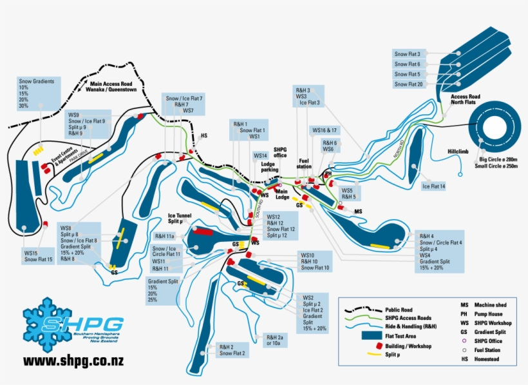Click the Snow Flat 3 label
tap(408, 54)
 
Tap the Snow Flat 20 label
tap(408, 84)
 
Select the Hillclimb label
tap(460, 152)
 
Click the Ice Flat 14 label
tap(433, 186)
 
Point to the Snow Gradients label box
tap(39, 94)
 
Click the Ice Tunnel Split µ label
tap(180, 218)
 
